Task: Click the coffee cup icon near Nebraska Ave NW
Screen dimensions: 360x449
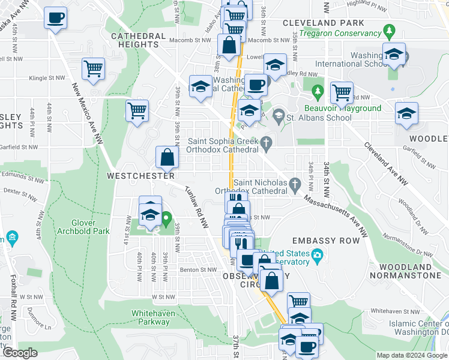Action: tap(55, 18)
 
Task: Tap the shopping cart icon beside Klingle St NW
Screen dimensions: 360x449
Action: tap(94, 69)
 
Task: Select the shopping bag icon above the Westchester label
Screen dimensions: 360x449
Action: tap(167, 158)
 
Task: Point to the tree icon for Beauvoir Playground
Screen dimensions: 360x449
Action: tap(318, 92)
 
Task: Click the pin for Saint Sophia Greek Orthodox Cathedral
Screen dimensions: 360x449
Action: tap(270, 142)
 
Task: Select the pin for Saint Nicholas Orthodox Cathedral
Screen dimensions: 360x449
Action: tap(294, 183)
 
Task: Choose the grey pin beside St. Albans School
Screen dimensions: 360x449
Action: tap(279, 114)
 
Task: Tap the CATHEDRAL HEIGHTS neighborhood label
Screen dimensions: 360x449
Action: tap(138, 40)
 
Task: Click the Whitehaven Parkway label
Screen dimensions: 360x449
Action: tap(151, 317)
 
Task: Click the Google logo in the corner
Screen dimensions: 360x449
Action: tap(20, 353)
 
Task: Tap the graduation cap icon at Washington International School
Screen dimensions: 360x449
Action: tap(394, 56)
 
